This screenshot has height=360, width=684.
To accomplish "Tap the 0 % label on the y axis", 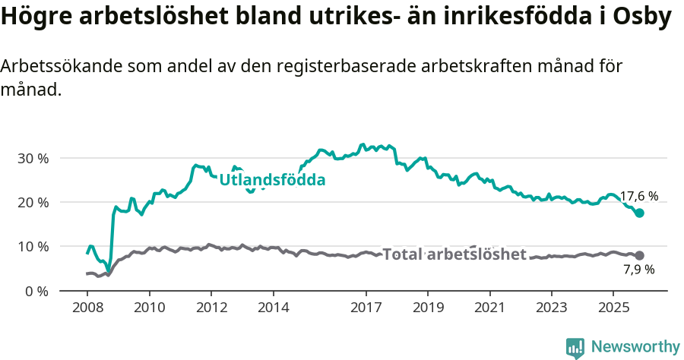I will click(39, 291).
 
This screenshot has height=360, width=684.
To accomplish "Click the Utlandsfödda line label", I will click(272, 181).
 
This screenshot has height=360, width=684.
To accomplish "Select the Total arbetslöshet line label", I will click(454, 254).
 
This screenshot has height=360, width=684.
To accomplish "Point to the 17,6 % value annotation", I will click(638, 196).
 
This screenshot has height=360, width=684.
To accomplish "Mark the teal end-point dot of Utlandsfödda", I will click(640, 213).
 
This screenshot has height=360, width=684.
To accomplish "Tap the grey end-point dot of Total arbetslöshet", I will click(640, 256).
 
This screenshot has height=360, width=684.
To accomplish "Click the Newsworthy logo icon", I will click(575, 348).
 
